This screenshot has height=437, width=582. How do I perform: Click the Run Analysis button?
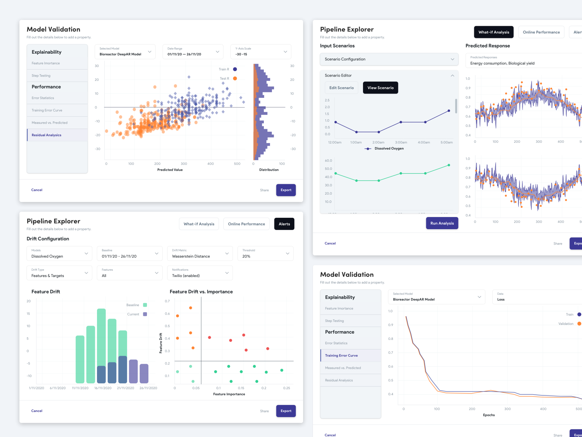click(442, 223)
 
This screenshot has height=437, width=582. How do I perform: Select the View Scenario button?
click(380, 88)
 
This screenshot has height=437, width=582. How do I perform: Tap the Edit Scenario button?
click(341, 88)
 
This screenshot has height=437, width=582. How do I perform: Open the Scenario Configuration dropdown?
click(389, 59)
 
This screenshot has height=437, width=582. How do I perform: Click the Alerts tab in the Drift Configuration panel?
click(284, 224)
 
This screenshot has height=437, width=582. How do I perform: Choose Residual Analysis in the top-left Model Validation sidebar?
click(47, 135)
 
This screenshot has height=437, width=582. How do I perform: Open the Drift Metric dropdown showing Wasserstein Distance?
click(200, 253)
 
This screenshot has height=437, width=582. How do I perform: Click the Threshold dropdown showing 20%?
click(265, 253)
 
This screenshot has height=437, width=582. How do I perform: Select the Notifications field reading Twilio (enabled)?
click(200, 273)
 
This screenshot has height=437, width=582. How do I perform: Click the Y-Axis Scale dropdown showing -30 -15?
click(261, 51)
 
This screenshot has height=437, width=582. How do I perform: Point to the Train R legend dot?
click(235, 69)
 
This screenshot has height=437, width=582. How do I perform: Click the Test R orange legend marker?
click(235, 78)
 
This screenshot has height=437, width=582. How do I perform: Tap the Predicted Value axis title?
click(170, 170)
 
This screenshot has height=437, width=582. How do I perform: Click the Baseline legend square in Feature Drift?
click(145, 305)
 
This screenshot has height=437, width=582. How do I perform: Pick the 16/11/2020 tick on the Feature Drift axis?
click(103, 388)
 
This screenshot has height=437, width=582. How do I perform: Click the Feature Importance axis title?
click(229, 394)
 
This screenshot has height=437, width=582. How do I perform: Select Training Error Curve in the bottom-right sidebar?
click(341, 356)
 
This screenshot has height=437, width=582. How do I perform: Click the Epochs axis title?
click(489, 415)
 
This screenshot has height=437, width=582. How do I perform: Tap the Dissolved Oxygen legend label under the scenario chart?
click(389, 149)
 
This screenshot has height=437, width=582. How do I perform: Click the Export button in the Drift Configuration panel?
click(286, 411)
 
